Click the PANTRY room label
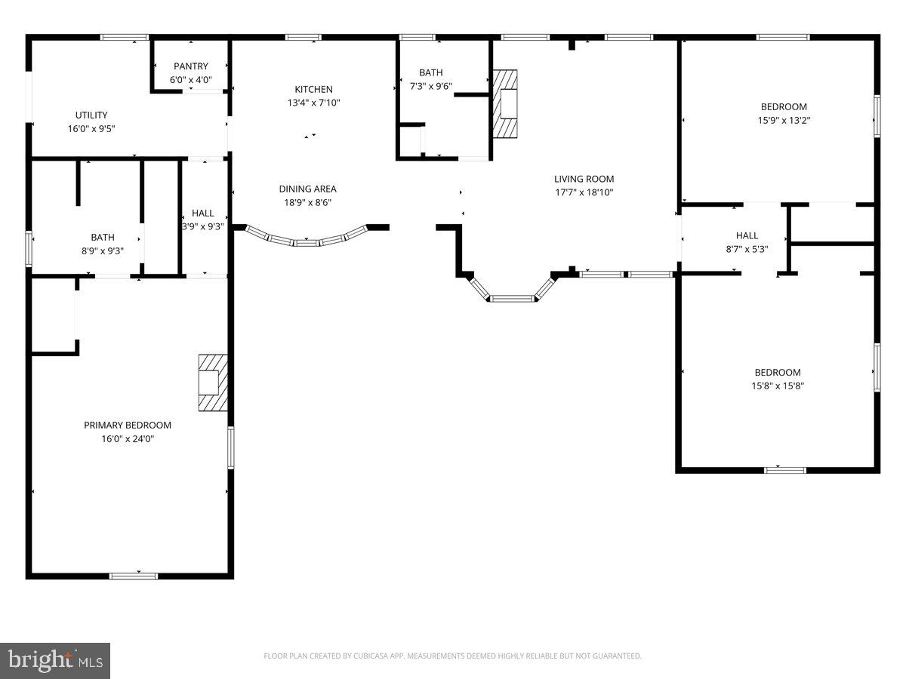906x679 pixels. (190, 66)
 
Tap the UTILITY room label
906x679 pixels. (91, 115)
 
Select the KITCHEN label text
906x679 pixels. (313, 90)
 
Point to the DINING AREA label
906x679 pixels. (307, 189)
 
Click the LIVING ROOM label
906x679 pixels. (584, 180)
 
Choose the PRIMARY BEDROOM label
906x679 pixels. (128, 426)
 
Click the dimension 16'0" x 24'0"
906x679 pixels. (128, 438)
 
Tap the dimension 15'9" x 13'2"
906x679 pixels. (784, 120)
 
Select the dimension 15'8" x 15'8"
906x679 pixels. (778, 386)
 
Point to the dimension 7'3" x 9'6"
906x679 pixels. (431, 86)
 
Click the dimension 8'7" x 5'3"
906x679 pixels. (747, 249)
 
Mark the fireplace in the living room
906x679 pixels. (506, 104)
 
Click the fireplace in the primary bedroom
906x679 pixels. (212, 383)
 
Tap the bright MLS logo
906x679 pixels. (55, 661)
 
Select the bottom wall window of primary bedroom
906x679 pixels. (134, 576)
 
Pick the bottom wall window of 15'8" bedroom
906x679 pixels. (784, 470)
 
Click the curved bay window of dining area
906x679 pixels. (306, 241)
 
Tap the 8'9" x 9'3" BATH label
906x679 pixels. (103, 237)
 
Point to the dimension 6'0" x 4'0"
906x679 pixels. (190, 79)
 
